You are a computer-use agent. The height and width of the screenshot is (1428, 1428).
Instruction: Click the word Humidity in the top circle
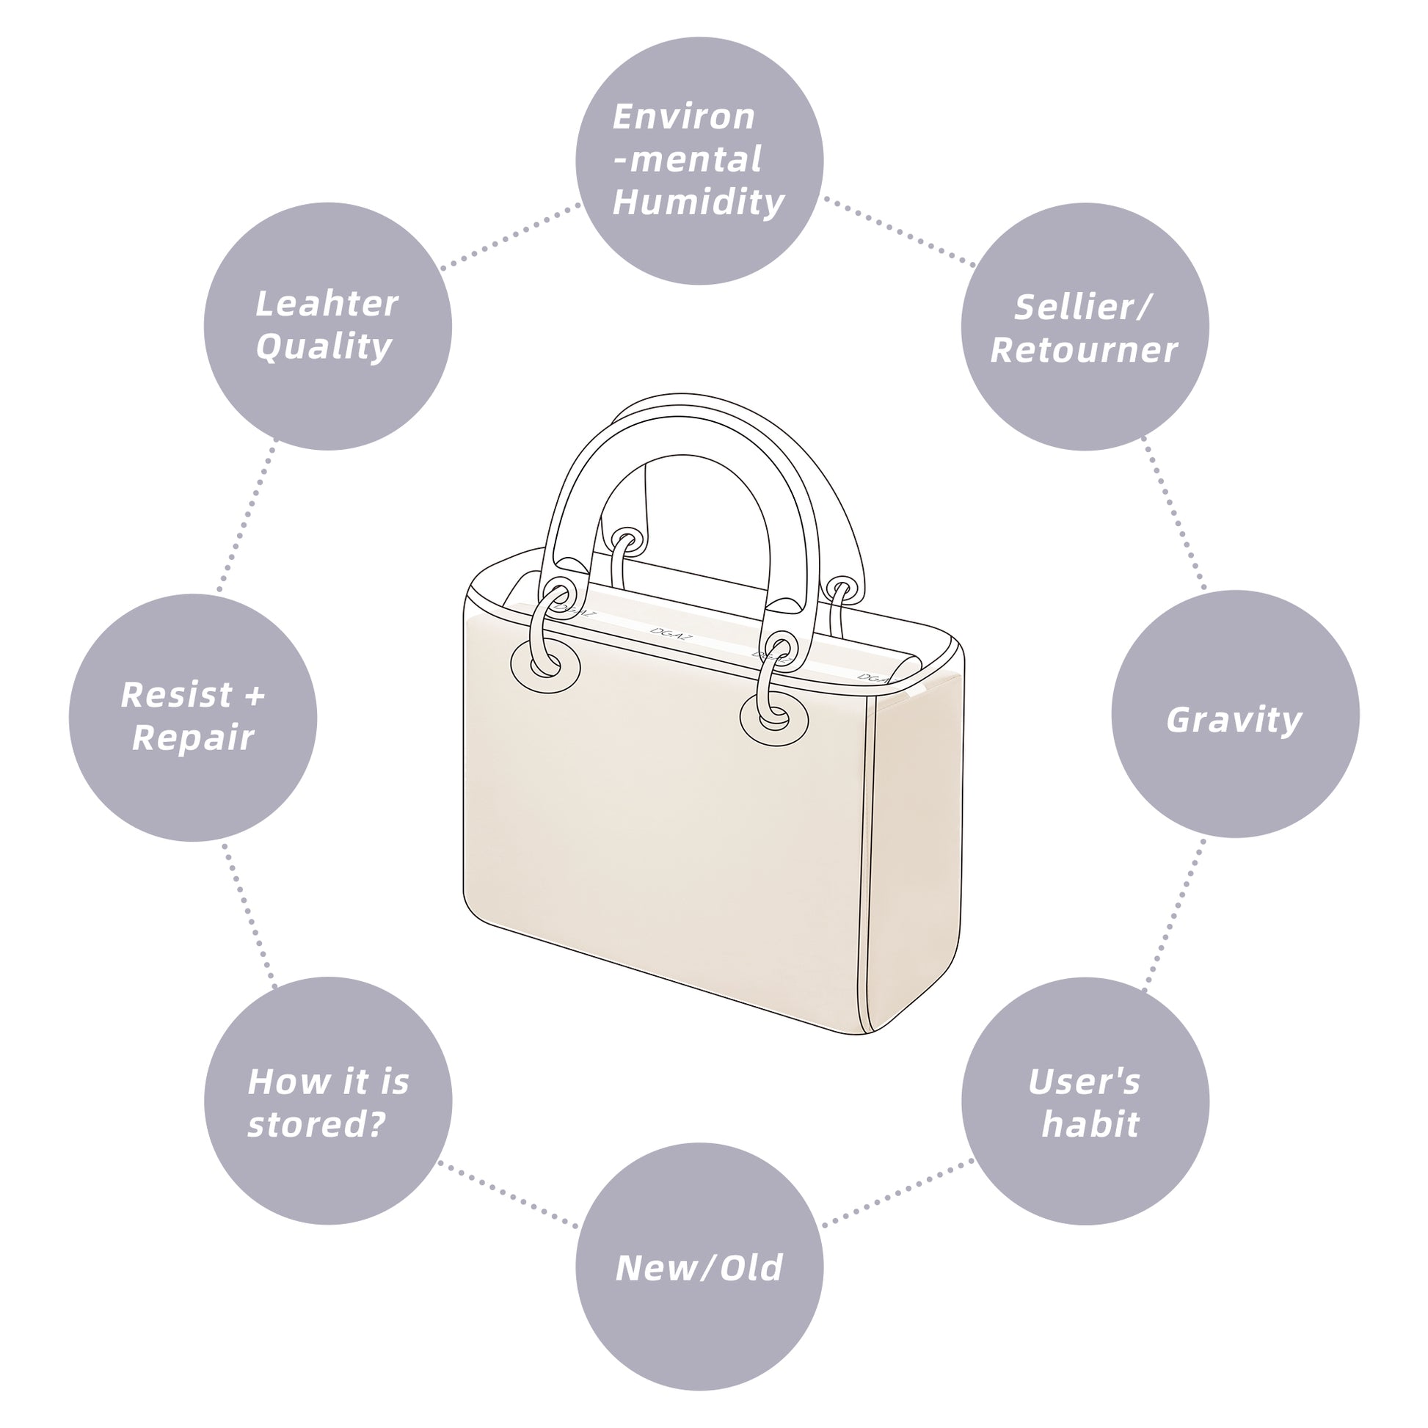tap(699, 202)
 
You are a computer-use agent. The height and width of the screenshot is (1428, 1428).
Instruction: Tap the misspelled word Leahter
tap(327, 304)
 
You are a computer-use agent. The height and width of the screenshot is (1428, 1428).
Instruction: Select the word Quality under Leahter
tap(324, 346)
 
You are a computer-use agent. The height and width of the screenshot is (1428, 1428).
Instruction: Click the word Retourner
tap(1084, 349)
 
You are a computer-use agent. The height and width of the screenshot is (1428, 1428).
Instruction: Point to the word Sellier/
tap(1083, 307)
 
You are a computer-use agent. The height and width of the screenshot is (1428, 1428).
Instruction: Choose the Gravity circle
tap(1234, 714)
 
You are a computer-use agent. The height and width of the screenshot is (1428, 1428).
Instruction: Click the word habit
tap(1090, 1124)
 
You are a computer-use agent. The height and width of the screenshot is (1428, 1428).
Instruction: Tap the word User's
tap(1085, 1082)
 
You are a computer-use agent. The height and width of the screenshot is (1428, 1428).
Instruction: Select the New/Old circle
tap(699, 1267)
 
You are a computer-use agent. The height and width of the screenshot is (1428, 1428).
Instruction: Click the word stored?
tap(317, 1124)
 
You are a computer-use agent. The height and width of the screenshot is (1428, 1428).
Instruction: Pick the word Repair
tap(193, 737)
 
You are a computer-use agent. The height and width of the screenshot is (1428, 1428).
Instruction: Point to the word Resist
tap(178, 695)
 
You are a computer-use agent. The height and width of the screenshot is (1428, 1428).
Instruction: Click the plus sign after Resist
tap(254, 696)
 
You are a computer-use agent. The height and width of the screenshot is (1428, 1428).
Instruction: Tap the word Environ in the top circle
tap(684, 117)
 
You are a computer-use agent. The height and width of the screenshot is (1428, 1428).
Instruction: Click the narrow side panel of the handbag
tap(917, 850)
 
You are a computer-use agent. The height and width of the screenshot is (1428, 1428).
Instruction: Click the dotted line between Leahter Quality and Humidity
tap(510, 236)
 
